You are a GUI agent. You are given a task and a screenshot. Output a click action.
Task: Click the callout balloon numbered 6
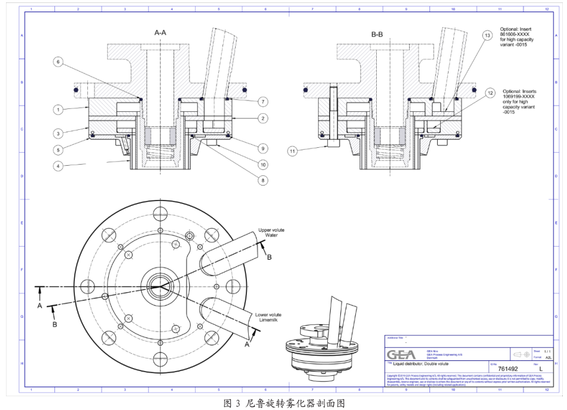click(x=58, y=62)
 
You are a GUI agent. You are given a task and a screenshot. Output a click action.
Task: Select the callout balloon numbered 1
click(x=58, y=110)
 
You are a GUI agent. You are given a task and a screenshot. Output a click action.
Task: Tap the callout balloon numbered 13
click(x=487, y=36)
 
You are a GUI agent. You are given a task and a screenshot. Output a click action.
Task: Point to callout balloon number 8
click(x=263, y=179)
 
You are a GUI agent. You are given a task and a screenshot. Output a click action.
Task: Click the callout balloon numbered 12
click(x=490, y=93)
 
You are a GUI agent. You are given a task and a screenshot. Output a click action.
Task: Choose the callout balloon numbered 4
click(x=58, y=165)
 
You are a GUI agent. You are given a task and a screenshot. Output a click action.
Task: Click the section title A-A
click(x=160, y=34)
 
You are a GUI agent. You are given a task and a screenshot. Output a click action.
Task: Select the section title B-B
click(x=377, y=35)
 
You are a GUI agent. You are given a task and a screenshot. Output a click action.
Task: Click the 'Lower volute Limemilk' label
click(x=267, y=318)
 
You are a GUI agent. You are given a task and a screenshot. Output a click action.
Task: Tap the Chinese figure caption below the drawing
click(x=283, y=403)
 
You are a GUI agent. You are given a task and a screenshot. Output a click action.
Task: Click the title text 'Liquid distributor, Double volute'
click(x=425, y=364)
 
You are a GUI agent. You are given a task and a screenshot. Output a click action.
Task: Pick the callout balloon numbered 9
click(x=263, y=148)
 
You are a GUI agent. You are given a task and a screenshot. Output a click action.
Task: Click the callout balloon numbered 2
click(x=263, y=119)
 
